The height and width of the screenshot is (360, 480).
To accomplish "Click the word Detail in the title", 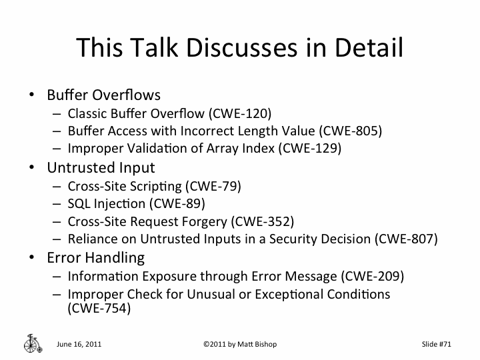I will click(368, 47).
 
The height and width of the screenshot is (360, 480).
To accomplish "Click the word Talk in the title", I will click(157, 47).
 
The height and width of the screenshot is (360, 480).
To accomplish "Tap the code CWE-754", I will click(99, 309).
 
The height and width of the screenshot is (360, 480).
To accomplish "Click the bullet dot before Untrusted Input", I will click(31, 167).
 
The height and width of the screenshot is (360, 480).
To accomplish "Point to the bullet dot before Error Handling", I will click(31, 257).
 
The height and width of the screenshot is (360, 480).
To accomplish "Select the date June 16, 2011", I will click(79, 345).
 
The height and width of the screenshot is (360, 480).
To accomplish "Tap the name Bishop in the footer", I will click(262, 345).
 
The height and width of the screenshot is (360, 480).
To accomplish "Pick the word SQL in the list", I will click(78, 203).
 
